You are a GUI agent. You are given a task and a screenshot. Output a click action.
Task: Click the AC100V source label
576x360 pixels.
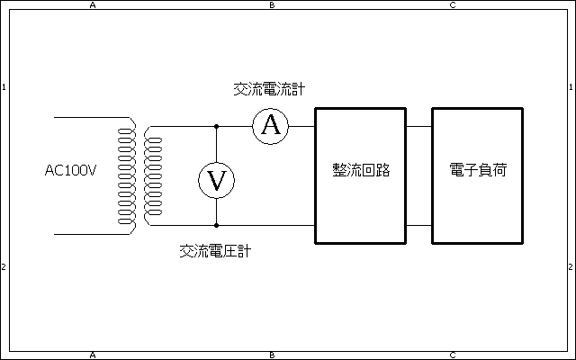[x=70, y=170]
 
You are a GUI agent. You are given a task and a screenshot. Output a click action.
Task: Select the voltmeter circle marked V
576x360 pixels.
[x=216, y=180]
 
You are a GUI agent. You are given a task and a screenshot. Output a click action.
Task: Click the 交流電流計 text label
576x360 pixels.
[x=268, y=89]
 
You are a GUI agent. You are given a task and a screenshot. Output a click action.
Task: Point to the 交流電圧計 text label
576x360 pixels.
[x=215, y=251]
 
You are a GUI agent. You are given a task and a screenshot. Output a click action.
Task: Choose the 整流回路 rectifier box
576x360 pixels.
[x=360, y=175]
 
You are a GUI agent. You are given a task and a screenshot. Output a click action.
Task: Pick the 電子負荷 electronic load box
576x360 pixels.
[x=477, y=175]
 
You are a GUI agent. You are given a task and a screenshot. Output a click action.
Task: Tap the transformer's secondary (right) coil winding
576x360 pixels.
[x=148, y=175]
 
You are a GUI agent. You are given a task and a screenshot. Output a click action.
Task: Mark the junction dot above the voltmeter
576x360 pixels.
[x=216, y=126]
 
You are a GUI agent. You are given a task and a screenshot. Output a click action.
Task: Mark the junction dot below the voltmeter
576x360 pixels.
[x=216, y=225]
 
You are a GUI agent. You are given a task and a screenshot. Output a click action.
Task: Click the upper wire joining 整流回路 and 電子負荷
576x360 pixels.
[x=418, y=126]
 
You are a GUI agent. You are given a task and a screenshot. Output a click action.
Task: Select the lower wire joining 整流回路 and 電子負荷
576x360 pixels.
[x=418, y=225]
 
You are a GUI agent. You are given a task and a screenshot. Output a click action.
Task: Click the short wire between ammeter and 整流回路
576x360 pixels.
[x=301, y=126]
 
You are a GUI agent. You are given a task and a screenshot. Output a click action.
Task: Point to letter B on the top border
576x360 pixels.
[x=273, y=4]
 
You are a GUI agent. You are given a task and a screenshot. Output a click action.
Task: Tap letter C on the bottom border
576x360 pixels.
[x=453, y=355]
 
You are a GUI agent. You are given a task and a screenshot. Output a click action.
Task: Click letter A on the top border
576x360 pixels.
[x=93, y=4]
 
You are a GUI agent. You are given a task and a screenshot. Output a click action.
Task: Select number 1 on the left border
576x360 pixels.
[x=4, y=87]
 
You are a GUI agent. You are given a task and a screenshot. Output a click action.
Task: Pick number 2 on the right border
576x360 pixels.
[x=571, y=267]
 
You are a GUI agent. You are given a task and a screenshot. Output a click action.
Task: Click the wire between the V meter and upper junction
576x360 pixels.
[x=216, y=144]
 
